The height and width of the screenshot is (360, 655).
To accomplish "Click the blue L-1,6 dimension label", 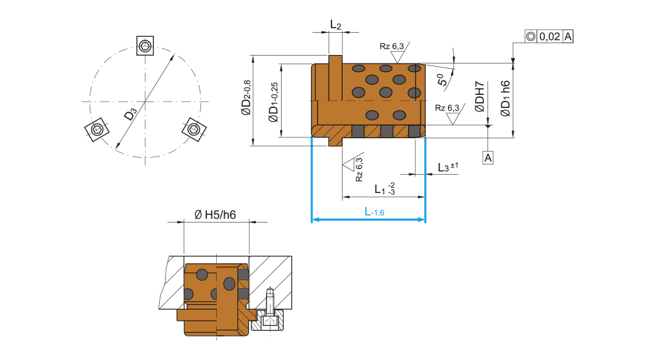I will coord(374,212).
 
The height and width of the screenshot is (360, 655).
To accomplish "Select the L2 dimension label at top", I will coord(335,26).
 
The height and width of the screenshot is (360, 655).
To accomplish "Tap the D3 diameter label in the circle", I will coord(130,115).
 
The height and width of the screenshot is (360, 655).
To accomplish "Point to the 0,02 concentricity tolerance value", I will coord(549,37).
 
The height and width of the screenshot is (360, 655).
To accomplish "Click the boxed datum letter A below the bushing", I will coord(488,157).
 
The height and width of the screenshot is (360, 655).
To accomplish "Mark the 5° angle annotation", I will coord(443,80).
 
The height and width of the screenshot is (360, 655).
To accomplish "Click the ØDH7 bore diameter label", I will coord(480,96).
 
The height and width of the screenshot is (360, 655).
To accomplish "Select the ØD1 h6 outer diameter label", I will coord(504,98).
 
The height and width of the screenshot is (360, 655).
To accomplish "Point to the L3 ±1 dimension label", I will coord(447,168).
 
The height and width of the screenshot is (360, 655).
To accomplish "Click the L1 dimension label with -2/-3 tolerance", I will coord(384,189).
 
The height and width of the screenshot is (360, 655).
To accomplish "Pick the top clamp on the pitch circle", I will coord(145,45).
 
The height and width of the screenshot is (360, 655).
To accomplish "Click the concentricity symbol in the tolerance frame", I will coord(531,37).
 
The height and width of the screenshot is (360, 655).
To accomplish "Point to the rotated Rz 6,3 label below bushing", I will coord(359,170).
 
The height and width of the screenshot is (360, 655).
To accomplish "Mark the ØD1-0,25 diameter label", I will coord(273,101).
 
